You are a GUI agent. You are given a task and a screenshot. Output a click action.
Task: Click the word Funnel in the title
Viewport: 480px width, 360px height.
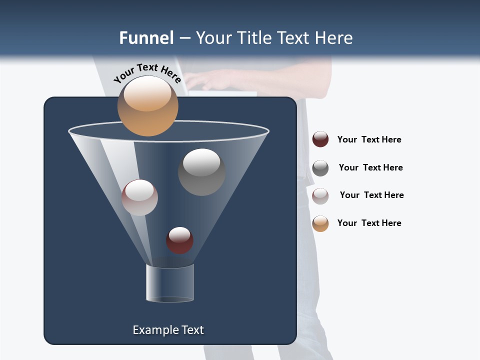(x=146, y=38)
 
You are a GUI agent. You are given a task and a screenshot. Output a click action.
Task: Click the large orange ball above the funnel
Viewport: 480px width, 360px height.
(x=147, y=106)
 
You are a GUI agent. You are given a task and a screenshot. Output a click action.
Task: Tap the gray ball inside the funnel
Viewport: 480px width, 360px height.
(x=201, y=172)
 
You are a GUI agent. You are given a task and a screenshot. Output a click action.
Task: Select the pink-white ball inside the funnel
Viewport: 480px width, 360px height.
(x=139, y=197)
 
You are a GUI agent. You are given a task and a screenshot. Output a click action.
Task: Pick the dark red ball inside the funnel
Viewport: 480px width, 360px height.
(x=179, y=240)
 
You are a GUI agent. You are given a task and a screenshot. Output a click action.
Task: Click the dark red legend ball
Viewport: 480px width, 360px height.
(x=320, y=139)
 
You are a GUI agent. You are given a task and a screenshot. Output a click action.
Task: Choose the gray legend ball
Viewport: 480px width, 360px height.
(x=320, y=168)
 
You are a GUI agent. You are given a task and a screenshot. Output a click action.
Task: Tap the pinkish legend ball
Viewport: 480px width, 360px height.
(x=320, y=196)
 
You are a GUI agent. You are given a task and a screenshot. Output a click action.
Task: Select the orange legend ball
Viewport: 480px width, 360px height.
(x=320, y=223)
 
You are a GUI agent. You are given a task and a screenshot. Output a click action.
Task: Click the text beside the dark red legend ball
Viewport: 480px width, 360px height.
(x=369, y=139)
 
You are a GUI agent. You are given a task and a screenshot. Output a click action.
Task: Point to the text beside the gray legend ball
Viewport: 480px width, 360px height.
(x=370, y=167)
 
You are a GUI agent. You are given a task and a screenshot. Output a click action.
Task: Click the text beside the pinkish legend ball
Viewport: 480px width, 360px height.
(x=371, y=195)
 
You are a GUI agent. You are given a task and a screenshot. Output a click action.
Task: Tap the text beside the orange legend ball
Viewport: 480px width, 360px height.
(x=369, y=223)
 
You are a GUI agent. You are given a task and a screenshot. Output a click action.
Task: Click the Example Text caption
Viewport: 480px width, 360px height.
(x=168, y=330)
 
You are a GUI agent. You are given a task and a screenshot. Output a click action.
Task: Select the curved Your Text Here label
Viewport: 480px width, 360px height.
(x=147, y=72)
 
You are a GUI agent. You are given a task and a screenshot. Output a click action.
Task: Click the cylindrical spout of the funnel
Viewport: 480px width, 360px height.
(x=170, y=283)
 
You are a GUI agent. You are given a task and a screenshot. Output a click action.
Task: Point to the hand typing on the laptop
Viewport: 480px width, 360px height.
(x=210, y=79)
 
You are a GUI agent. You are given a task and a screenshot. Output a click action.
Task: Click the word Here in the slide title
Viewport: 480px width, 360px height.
(x=335, y=38)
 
